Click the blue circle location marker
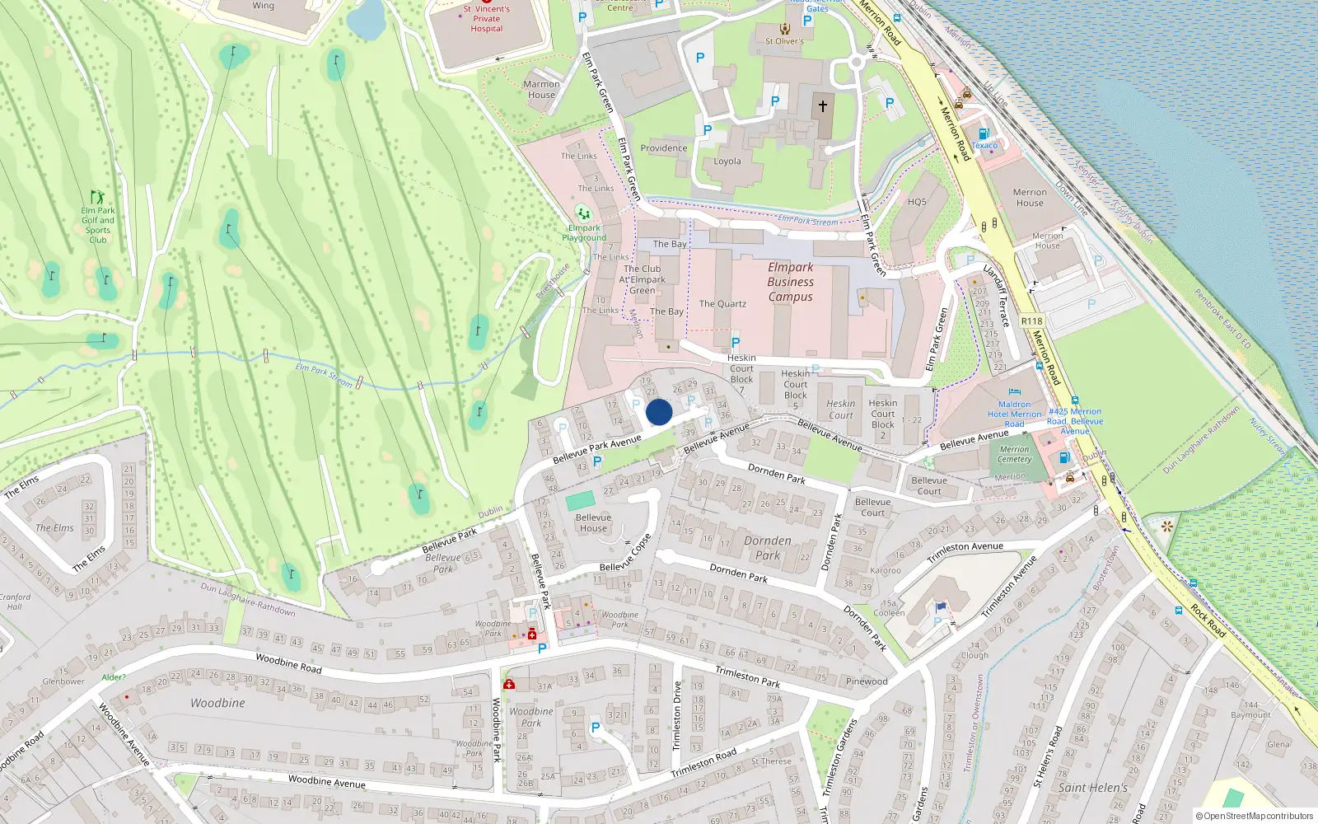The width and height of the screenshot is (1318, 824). (x=659, y=412)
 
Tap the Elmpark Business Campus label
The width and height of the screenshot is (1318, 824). (x=790, y=282)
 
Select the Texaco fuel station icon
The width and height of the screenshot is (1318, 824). (x=983, y=133)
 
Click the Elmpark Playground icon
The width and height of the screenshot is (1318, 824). (x=583, y=214)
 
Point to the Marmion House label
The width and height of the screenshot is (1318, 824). (x=541, y=89)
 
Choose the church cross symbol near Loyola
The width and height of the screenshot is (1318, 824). (x=822, y=106)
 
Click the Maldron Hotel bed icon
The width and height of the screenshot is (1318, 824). (x=1014, y=392)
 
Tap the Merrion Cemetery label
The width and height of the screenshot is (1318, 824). (x=1014, y=454)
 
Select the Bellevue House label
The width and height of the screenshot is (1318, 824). (x=593, y=522)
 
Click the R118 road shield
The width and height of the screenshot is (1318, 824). (x=1031, y=321)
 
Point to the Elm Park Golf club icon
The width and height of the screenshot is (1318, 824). (x=97, y=197)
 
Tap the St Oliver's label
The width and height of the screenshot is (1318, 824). (x=784, y=41)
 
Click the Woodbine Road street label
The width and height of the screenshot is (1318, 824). (x=288, y=663)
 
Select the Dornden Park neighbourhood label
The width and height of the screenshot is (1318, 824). (x=768, y=548)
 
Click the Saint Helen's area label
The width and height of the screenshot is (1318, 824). (x=1092, y=788)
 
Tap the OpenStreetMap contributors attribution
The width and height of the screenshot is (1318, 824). (x=1255, y=816)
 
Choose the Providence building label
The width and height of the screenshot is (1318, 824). (x=663, y=148)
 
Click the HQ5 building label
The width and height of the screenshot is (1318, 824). (x=917, y=202)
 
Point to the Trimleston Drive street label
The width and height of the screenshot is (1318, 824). (x=677, y=715)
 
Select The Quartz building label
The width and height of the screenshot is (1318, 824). (x=722, y=304)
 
